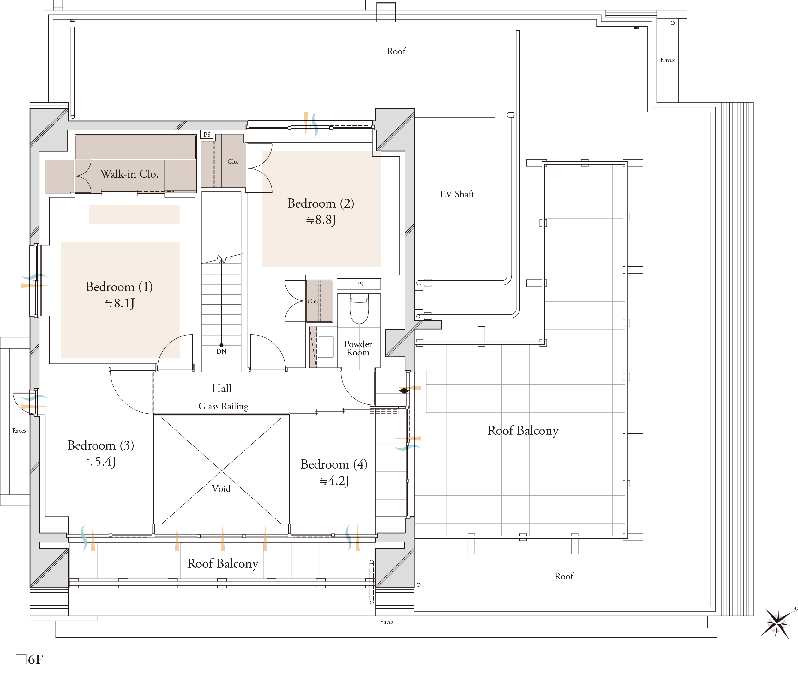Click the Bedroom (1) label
pyautogui.click(x=119, y=287)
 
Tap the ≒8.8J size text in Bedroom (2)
pyautogui.click(x=321, y=220)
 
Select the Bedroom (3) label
pyautogui.click(x=101, y=445)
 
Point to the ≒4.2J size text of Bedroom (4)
pyautogui.click(x=334, y=481)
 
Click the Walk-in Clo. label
pyautogui.click(x=129, y=174)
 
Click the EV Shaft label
pyautogui.click(x=457, y=194)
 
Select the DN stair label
pyautogui.click(x=221, y=351)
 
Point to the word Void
pyautogui.click(x=221, y=488)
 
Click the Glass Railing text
pyautogui.click(x=223, y=406)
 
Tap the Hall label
pyautogui.click(x=222, y=388)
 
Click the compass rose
pyautogui.click(x=777, y=623)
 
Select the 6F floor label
pyautogui.click(x=30, y=660)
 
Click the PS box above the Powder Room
pyautogui.click(x=359, y=284)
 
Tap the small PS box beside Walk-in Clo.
pyautogui.click(x=207, y=135)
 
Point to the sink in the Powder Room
pyautogui.click(x=326, y=347)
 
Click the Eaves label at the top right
pyautogui.click(x=667, y=60)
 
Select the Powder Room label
pyautogui.click(x=358, y=348)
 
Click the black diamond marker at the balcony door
pyautogui.click(x=404, y=391)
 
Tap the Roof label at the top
pyautogui.click(x=396, y=51)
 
